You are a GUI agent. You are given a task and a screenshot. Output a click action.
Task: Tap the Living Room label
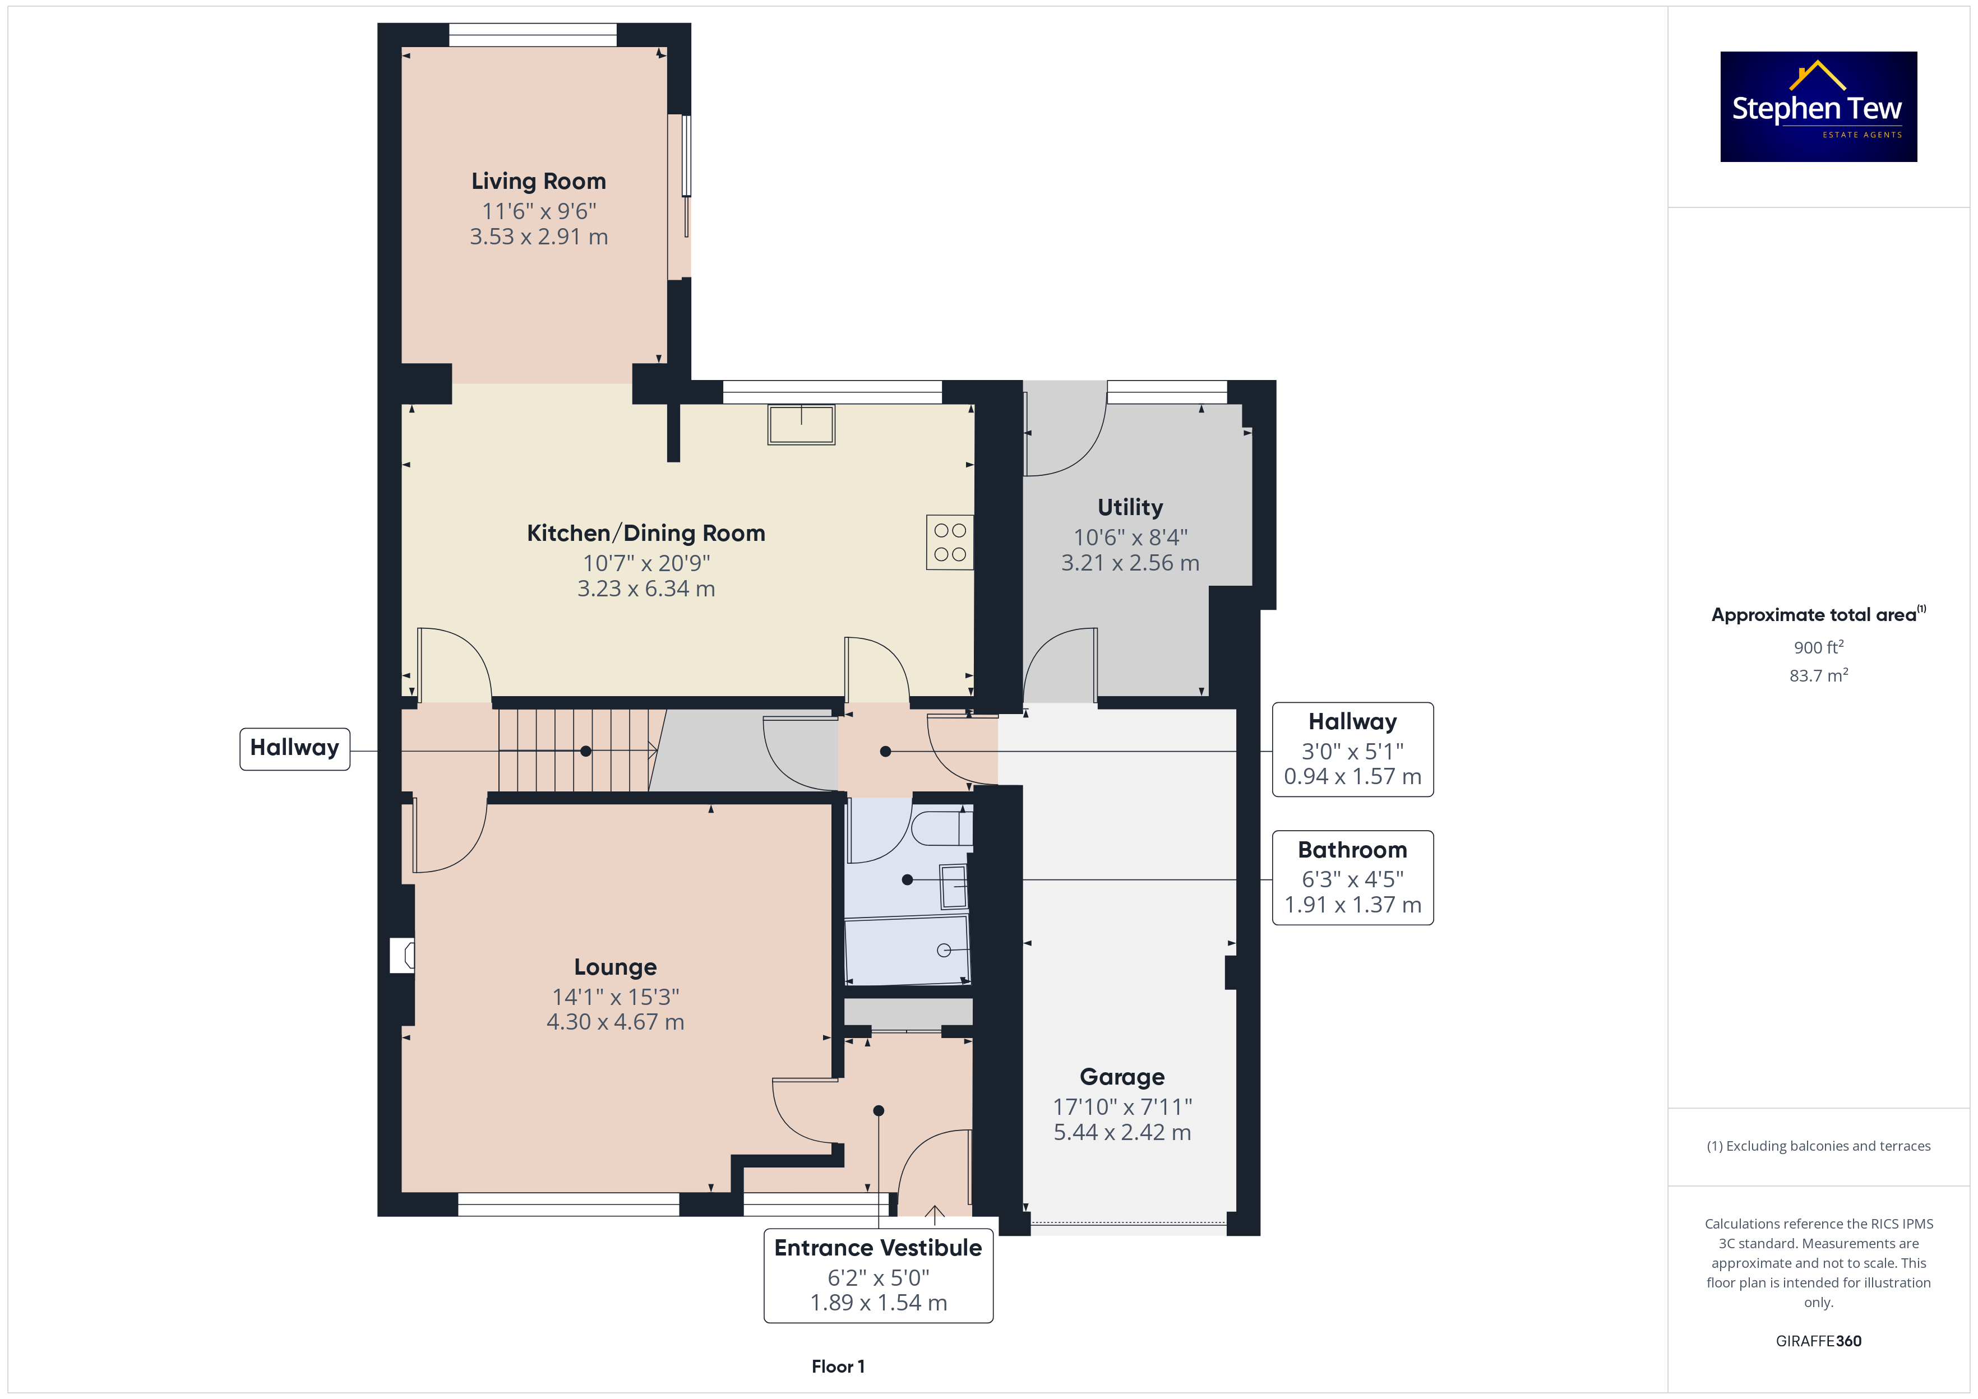(x=538, y=181)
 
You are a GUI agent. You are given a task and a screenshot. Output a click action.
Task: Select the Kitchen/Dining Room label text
(x=645, y=533)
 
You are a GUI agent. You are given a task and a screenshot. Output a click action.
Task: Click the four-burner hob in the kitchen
(x=949, y=542)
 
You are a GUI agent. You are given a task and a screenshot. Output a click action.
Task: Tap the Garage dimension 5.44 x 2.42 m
(x=1122, y=1132)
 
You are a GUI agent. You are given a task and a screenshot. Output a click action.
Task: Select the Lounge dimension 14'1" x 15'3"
(x=615, y=997)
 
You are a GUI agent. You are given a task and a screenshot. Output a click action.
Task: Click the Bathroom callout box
(x=1352, y=878)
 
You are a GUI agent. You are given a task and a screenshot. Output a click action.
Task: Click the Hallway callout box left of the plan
(x=295, y=749)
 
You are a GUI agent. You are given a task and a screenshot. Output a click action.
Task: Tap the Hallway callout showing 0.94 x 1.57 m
(x=1352, y=749)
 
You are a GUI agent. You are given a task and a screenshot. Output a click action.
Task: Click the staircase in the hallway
(x=577, y=751)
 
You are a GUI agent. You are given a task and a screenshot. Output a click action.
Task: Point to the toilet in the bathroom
(x=941, y=828)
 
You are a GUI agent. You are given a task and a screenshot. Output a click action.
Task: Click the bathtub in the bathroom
(x=907, y=949)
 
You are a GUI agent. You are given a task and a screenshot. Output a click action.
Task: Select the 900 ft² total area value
(x=1819, y=647)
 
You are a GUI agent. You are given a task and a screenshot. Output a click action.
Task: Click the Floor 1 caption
(x=838, y=1366)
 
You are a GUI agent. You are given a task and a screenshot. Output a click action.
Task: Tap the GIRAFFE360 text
(x=1819, y=1341)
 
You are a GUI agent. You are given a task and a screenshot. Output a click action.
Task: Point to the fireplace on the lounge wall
(x=403, y=955)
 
